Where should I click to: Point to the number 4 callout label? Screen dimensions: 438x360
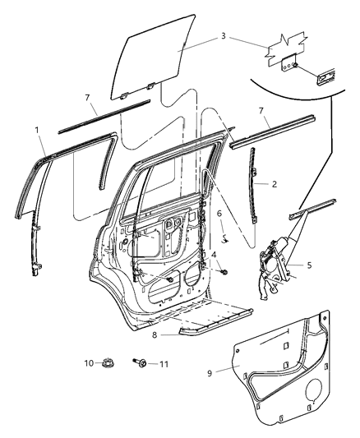(x=214, y=256)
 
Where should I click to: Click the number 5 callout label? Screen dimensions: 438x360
(x=309, y=265)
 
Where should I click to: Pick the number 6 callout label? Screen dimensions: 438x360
(x=219, y=214)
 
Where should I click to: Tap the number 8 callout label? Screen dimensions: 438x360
(x=153, y=334)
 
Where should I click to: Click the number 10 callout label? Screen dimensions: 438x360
(x=88, y=362)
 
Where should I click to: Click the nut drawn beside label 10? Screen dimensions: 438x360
(x=108, y=362)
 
